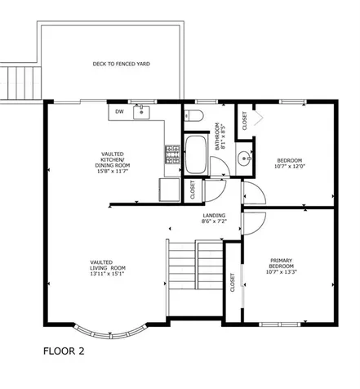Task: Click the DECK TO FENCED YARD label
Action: [120, 64]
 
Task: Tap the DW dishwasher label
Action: [119, 112]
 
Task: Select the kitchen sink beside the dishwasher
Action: [143, 111]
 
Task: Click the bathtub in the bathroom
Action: [196, 155]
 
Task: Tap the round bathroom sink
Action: [242, 157]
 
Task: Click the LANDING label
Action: [213, 218]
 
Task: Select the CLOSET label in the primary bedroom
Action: [233, 283]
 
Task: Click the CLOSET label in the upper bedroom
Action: [245, 119]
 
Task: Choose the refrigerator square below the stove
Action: [169, 190]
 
